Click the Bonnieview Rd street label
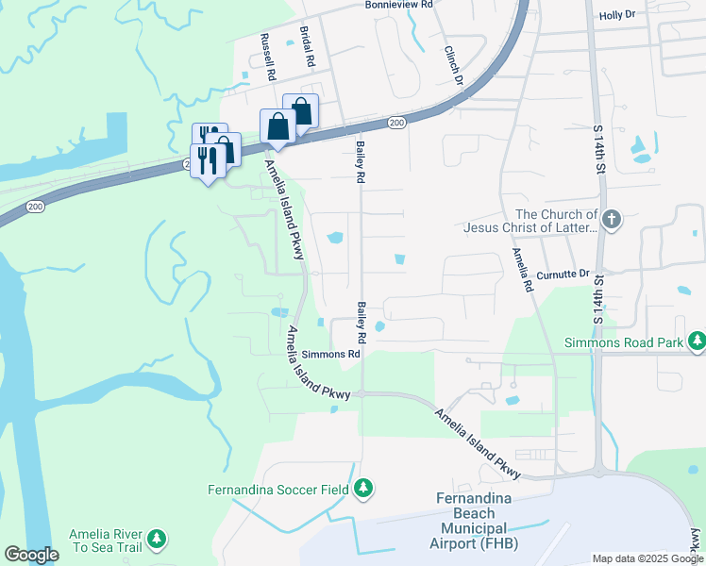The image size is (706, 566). click(x=398, y=5)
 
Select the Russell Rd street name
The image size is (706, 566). click(x=268, y=57)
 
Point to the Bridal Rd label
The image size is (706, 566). click(x=308, y=46)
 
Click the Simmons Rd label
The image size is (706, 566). click(x=331, y=355)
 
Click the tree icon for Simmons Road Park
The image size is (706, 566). click(x=697, y=339)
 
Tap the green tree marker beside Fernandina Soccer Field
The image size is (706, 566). click(x=362, y=489)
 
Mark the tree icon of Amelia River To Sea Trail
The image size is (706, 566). click(x=158, y=540)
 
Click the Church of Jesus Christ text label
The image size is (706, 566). click(x=530, y=221)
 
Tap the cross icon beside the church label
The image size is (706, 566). click(x=612, y=220)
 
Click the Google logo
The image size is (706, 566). click(x=31, y=555)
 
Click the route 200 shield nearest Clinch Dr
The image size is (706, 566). click(x=395, y=123)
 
